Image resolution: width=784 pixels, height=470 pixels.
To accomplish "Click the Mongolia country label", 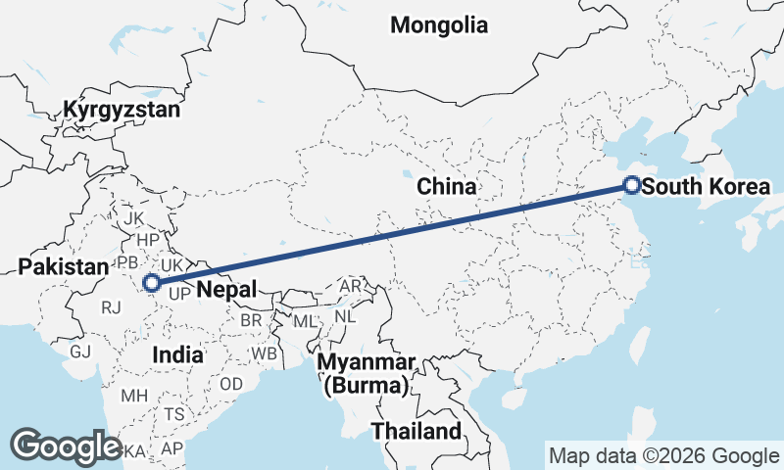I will coord(438,25).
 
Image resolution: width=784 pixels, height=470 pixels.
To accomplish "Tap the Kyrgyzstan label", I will coord(122,110).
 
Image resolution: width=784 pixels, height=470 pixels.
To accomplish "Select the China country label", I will coord(446,186).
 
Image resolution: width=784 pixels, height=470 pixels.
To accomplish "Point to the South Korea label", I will coord(709,186).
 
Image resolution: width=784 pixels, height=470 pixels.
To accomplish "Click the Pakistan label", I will coord(63,266).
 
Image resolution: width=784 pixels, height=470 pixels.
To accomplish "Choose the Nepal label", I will coord(225,289).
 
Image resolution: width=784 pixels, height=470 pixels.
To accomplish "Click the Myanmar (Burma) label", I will coord(366,374).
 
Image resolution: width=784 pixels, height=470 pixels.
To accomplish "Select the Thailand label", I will coord(416,431).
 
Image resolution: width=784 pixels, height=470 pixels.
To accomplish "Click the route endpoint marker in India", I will coord(152,284).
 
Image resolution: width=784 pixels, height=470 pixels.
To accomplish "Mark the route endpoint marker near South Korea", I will coord(632,185).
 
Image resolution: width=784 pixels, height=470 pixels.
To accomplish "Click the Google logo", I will coord(66,446).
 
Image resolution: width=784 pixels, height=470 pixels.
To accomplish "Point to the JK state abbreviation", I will coord(133,217).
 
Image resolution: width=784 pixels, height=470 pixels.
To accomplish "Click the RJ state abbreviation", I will coord(111,307).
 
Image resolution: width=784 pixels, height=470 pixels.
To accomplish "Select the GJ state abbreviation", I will coord(79,351).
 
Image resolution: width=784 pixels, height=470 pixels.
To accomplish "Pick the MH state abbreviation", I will coord(133,396).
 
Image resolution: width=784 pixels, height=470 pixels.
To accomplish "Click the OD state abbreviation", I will coord(231,383).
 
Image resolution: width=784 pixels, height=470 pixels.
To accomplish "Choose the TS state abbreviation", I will coord(173,414).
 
